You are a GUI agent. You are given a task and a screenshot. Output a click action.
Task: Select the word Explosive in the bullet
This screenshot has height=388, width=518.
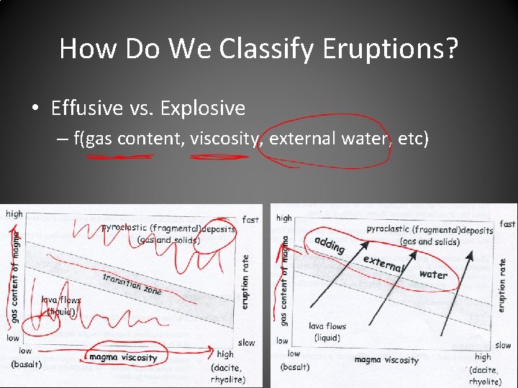pos(203,108)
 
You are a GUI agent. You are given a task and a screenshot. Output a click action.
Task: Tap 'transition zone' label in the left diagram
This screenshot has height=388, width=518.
pos(132,284)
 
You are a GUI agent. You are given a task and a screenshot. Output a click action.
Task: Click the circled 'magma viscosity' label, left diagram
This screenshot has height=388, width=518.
pos(122,357)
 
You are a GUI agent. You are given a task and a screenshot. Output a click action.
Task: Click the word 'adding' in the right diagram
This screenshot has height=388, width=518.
pos(330,244)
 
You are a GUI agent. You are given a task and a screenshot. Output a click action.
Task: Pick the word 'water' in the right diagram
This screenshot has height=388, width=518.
pos(432,274)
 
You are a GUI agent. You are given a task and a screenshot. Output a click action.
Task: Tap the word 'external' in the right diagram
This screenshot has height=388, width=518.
pos(384,264)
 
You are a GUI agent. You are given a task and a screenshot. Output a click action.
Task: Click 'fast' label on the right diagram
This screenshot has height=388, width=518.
pos(507,224)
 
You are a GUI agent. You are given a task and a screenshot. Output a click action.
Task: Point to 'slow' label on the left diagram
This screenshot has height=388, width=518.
pos(246,342)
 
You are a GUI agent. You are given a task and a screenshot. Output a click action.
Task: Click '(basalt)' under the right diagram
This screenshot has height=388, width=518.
pos(294,367)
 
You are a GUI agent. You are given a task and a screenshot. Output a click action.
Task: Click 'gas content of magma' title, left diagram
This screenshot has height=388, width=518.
pos(14,273)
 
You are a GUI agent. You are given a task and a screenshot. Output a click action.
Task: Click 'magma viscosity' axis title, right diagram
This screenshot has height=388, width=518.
pos(386,360)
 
